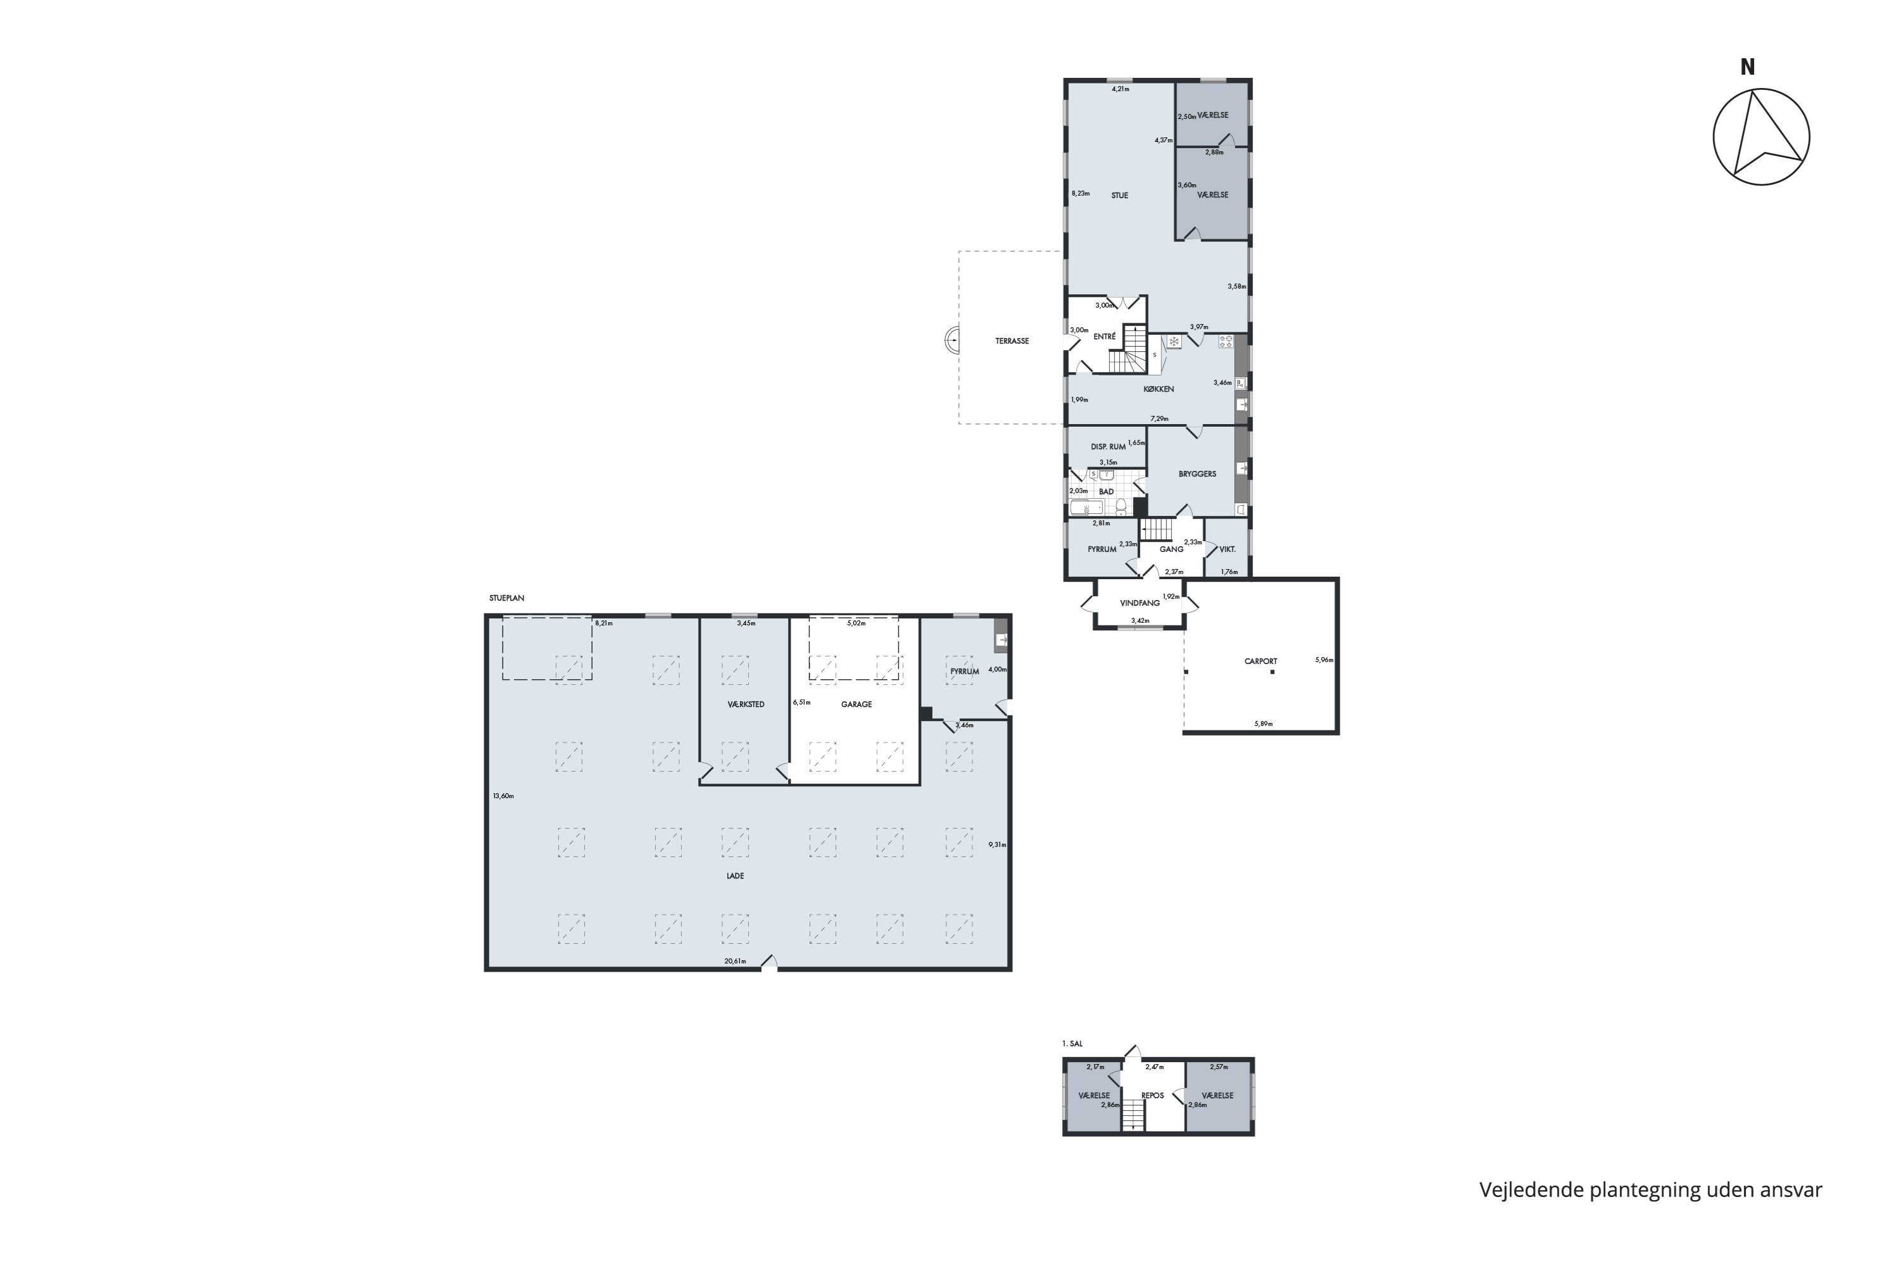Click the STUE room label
(x=1119, y=196)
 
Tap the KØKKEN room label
(x=1158, y=389)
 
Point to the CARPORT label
(x=1260, y=661)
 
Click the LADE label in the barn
(x=735, y=876)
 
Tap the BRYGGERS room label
(x=1198, y=474)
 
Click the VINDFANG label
(x=1140, y=603)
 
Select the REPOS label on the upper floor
(x=1153, y=1096)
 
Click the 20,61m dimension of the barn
(x=735, y=961)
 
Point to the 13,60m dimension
(x=503, y=796)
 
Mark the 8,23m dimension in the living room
(x=1081, y=194)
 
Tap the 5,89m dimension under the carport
(x=1263, y=724)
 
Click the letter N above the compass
(x=1748, y=68)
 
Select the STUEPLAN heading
(x=506, y=598)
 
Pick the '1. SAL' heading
(x=1072, y=1044)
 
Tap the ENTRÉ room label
(x=1105, y=337)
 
